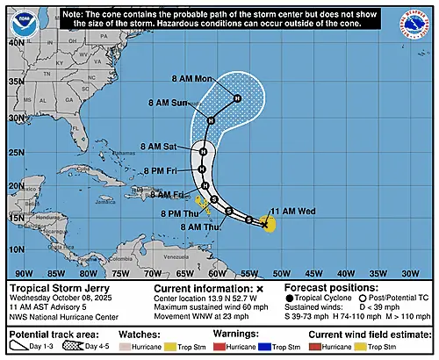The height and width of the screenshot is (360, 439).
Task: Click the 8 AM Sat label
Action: point(158,147)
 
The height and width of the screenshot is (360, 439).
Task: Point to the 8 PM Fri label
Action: point(160,169)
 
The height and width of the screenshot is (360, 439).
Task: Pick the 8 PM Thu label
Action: point(181,214)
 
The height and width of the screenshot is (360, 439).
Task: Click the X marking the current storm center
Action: point(263,225)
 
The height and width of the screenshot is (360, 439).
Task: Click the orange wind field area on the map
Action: point(270,226)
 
